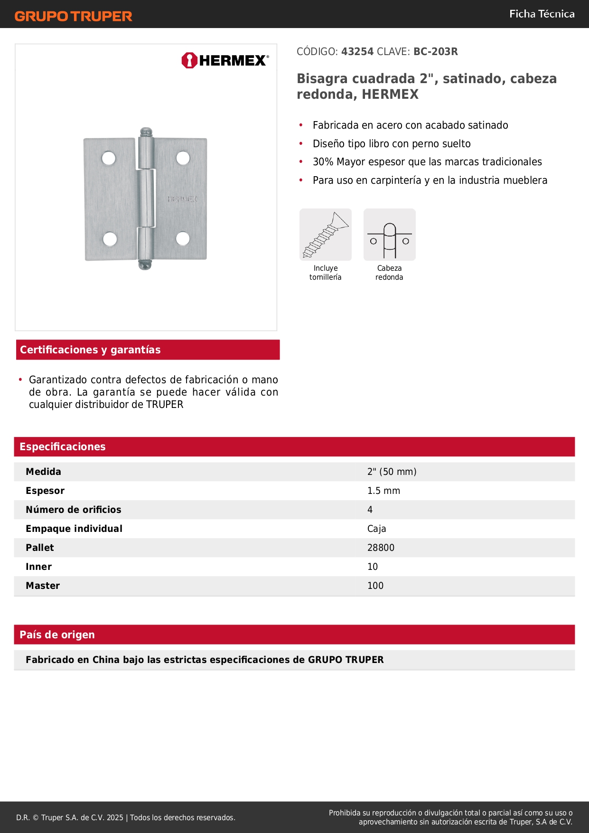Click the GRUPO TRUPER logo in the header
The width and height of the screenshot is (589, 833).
73,16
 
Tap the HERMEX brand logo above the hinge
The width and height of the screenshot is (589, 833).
225,60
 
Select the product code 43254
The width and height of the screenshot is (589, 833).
357,52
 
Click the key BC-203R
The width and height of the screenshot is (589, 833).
435,52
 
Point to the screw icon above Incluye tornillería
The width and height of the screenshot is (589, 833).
326,235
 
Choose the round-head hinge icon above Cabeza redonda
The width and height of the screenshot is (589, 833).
389,235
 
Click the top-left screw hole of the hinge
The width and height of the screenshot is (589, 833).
109,158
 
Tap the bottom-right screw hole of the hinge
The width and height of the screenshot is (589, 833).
183,238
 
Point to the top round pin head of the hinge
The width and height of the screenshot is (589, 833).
146,132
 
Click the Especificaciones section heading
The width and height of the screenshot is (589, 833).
63,447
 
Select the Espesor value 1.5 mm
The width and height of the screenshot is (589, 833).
383,491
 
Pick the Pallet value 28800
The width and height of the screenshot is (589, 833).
381,548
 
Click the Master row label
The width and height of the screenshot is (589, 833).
43,586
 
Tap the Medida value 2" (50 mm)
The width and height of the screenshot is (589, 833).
392,472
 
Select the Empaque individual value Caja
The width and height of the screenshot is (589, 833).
376,529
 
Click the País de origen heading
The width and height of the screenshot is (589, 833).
57,635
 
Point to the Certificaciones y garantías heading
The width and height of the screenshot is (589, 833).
90,350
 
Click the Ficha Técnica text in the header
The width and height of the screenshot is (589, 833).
542,14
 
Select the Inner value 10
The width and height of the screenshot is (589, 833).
373,567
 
